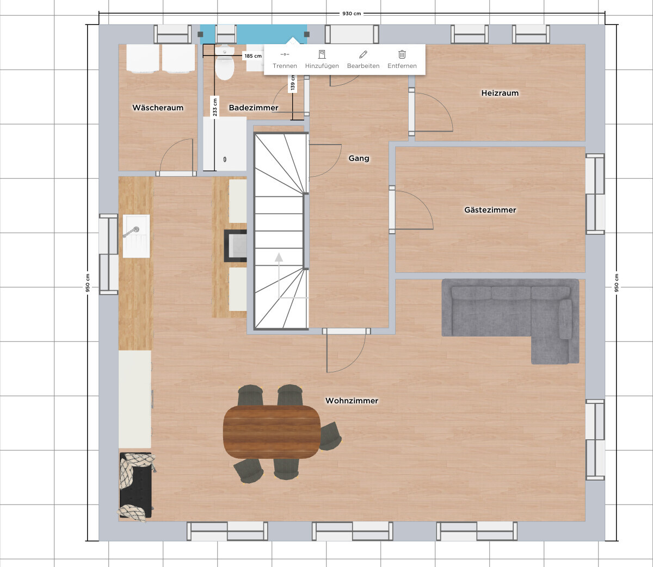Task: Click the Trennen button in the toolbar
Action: coord(285,60)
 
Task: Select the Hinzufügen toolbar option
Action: coord(322,60)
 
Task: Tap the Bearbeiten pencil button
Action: coord(363,60)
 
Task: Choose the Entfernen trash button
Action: coord(402,60)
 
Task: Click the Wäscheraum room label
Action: coord(158,108)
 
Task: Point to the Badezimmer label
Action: coord(254,108)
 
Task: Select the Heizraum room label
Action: coord(500,93)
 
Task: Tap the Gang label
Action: coord(359,158)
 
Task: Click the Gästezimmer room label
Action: coord(490,210)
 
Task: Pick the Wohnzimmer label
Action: coord(352,401)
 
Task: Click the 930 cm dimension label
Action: coord(352,14)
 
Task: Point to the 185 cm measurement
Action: coord(253,56)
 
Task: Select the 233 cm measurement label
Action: coord(215,107)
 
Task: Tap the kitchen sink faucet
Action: coord(132,232)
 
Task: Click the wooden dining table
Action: coord(272,432)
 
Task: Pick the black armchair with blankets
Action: coord(136,485)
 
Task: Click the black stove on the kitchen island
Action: coord(235,246)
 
